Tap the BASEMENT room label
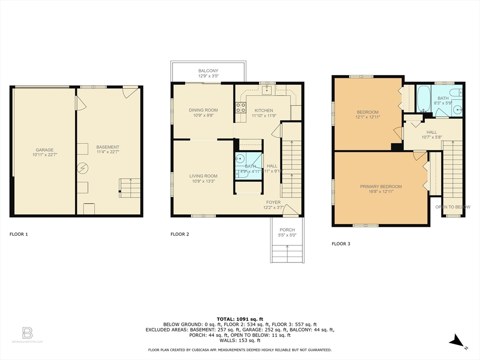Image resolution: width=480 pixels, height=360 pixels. pos(108,147)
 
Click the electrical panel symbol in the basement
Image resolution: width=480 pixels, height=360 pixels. pos(83,167)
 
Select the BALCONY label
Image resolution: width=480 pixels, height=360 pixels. pos(208,71)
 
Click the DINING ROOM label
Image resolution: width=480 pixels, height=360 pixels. pos(203,110)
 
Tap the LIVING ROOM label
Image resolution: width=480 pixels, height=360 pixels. pos(203,176)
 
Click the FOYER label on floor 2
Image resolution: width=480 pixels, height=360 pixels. pos(273,202)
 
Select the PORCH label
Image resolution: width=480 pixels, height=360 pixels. pos(287,230)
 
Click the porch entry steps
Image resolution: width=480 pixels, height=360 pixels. pos(287,255)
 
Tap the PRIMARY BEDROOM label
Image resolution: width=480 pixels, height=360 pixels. pos(381,187)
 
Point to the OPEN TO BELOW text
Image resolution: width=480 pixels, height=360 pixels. pos(452,207)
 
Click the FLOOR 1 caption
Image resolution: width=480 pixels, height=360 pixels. pos(19,234)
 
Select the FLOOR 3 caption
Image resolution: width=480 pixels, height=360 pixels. pos(341,244)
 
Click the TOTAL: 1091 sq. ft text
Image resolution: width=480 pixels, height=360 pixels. pos(240,319)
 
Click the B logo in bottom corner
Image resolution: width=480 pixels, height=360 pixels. pos(27,333)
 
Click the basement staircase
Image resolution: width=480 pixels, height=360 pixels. pos(130,188)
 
